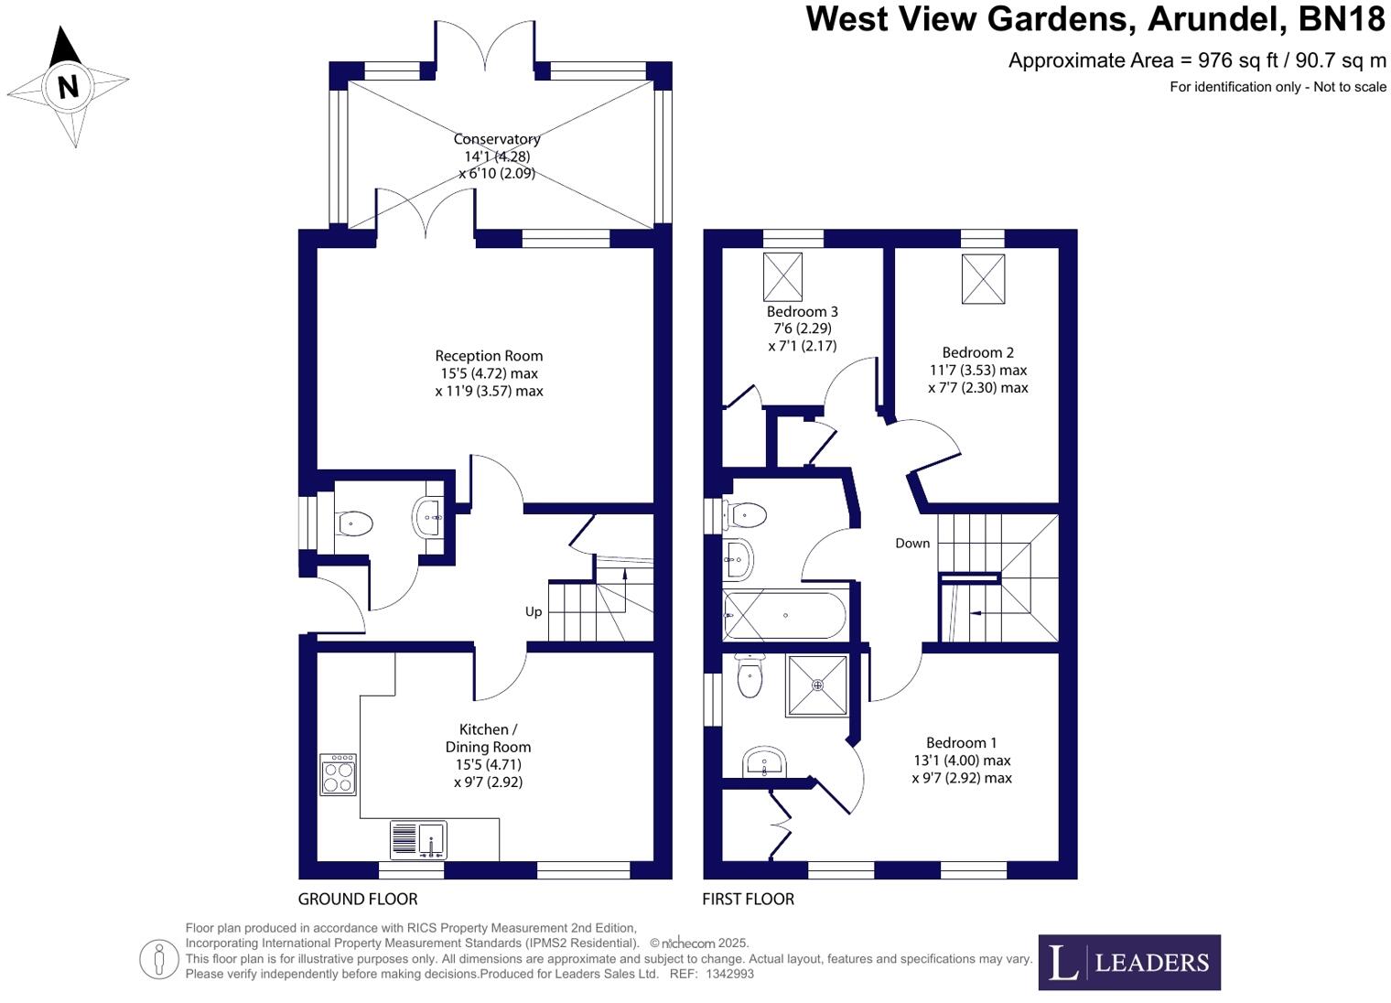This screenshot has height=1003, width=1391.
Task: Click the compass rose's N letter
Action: [68, 87]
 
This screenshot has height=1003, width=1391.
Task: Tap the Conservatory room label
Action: [497, 139]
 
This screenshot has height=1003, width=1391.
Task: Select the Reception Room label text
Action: [489, 356]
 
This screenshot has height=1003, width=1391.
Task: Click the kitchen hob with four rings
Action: [338, 774]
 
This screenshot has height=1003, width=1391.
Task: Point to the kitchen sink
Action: [419, 839]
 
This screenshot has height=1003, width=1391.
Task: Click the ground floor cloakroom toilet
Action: [354, 523]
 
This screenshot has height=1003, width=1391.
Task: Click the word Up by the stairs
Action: [534, 611]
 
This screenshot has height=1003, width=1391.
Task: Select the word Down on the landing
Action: [912, 543]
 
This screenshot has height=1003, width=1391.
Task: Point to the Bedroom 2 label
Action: [977, 352]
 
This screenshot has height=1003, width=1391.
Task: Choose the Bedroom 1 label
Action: [961, 743]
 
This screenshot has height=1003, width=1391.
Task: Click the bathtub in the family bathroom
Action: [785, 616]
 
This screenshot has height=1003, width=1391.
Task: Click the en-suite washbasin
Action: [764, 762]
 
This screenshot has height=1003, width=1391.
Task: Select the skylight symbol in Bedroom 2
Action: [983, 279]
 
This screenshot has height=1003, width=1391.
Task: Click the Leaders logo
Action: [1128, 962]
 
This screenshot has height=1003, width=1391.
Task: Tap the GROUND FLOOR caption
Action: [358, 899]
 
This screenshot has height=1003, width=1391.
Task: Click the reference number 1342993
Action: [729, 975]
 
